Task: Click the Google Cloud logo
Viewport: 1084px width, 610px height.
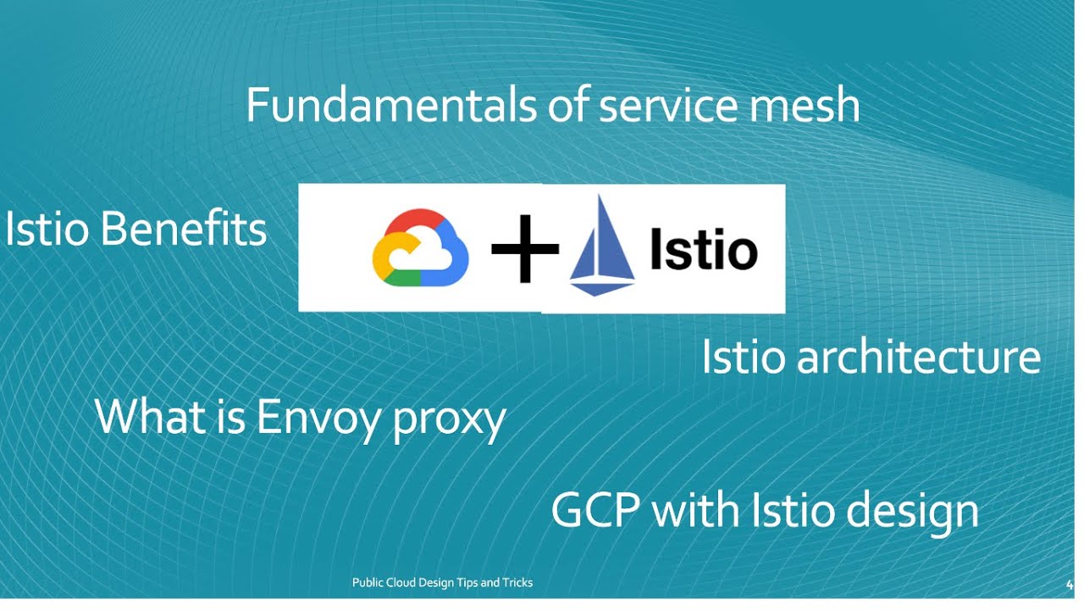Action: pos(420,248)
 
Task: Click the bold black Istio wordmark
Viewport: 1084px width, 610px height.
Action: pos(703,250)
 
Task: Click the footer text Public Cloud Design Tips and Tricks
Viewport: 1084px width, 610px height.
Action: pos(442,583)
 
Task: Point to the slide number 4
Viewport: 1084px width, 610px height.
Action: pos(1070,584)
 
